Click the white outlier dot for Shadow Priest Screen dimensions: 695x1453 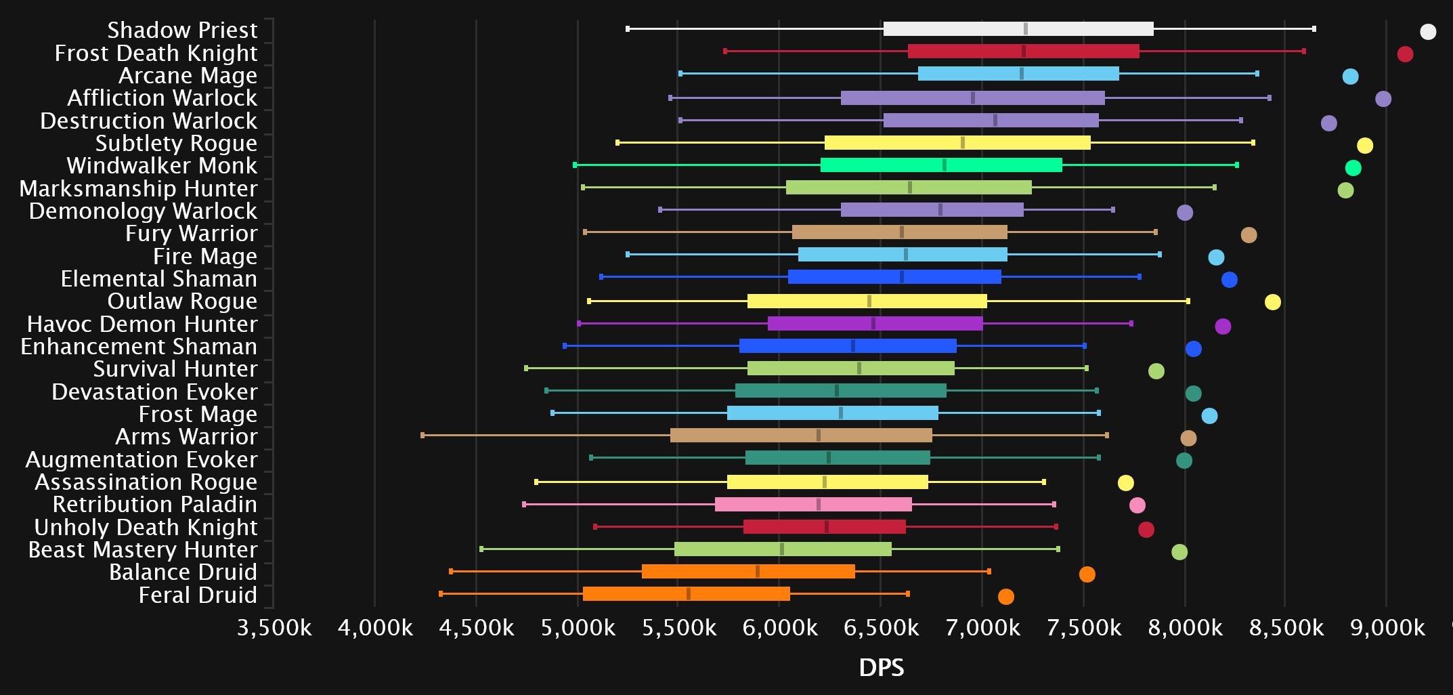(x=1427, y=32)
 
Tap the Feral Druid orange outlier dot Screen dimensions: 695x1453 (x=1005, y=597)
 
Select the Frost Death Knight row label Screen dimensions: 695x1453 (x=156, y=53)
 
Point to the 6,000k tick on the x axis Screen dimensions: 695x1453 (x=779, y=628)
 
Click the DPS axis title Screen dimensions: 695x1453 (x=881, y=668)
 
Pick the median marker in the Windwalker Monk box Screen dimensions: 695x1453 (x=945, y=165)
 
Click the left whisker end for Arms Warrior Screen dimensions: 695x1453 (x=422, y=436)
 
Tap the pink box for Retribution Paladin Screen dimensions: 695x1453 (x=812, y=504)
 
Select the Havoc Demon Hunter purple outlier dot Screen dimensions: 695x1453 (x=1222, y=327)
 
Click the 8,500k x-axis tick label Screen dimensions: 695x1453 (x=1286, y=628)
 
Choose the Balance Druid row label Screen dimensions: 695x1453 (x=183, y=572)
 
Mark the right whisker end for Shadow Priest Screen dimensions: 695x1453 (x=1314, y=28)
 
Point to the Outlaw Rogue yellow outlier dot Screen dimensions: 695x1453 (x=1272, y=302)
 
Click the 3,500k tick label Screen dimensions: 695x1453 (x=274, y=628)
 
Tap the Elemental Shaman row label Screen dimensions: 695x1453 (x=158, y=279)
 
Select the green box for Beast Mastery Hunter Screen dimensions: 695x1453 (x=782, y=549)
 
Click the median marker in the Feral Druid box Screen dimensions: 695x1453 (x=689, y=593)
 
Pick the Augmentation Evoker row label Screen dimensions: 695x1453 (x=141, y=460)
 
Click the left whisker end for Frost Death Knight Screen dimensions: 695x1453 (x=725, y=51)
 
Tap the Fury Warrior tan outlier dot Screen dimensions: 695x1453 (x=1249, y=235)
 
